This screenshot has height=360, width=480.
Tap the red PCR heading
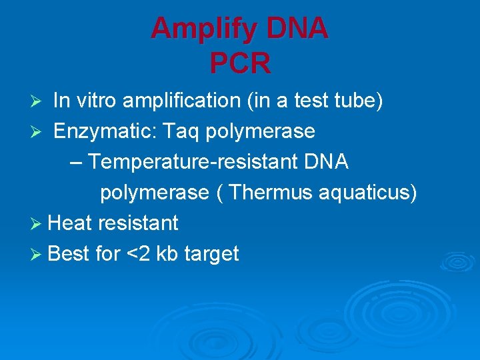pyautogui.click(x=240, y=64)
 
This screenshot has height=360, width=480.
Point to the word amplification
pyautogui.click(x=184, y=101)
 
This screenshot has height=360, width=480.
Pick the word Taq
pyautogui.click(x=181, y=131)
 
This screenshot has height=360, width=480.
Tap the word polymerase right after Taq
pyautogui.click(x=261, y=131)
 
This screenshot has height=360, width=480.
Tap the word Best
pyautogui.click(x=70, y=253)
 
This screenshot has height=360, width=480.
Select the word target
pyautogui.click(x=211, y=254)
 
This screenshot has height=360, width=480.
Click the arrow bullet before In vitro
pyautogui.click(x=39, y=102)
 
